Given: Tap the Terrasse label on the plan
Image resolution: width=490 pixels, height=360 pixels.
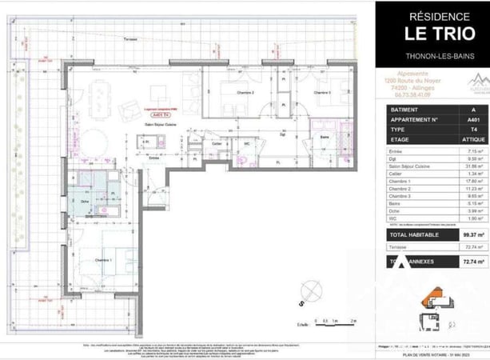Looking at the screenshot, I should (122, 39).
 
